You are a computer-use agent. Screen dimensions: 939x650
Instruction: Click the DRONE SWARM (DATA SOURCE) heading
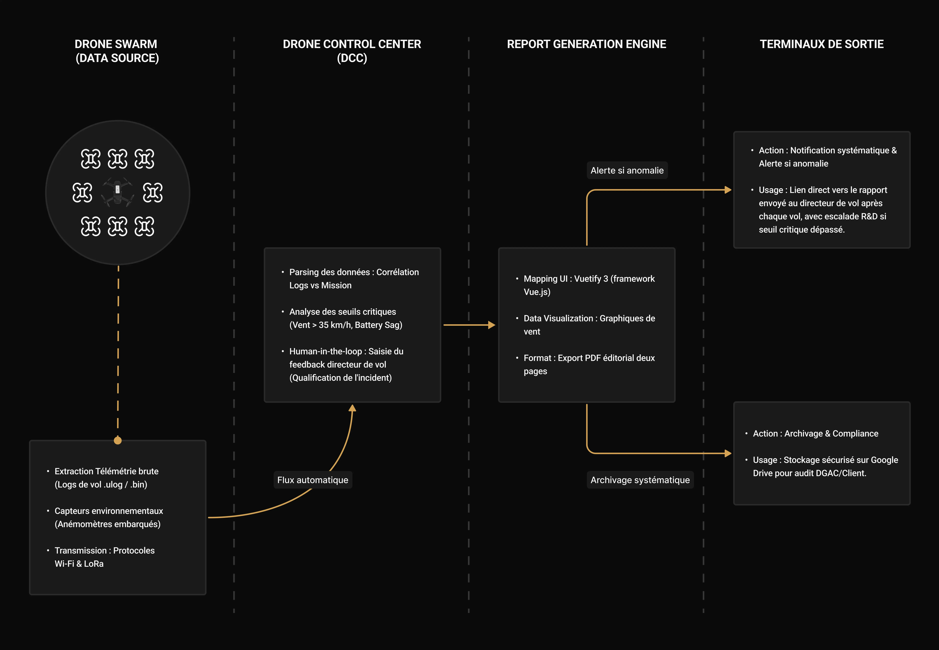click(117, 51)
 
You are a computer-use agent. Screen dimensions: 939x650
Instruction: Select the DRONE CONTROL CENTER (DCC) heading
click(352, 51)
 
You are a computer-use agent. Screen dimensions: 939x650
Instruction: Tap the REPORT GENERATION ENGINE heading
click(586, 44)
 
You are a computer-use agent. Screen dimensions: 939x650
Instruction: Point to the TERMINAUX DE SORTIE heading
click(822, 44)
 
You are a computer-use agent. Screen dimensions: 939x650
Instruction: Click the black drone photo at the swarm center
click(118, 192)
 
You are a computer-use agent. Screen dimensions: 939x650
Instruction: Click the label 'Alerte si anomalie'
click(627, 170)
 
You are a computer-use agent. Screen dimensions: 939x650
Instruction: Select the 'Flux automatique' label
click(313, 480)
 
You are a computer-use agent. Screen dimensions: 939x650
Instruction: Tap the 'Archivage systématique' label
click(640, 480)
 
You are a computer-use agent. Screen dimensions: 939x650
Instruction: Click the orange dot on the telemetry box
click(118, 440)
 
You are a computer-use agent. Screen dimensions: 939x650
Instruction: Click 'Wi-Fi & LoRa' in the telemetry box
click(79, 564)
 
